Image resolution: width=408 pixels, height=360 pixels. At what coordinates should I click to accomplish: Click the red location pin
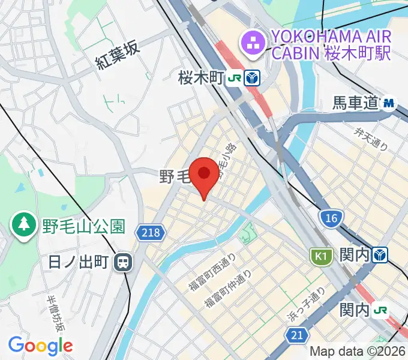pos(204,175)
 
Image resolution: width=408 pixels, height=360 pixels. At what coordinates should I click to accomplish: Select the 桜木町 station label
pos(200,77)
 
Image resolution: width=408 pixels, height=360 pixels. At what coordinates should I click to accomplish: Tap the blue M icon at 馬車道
pos(389,103)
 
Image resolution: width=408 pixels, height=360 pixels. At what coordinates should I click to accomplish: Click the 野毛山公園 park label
pos(83,226)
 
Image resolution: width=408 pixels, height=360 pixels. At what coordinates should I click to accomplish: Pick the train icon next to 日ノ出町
pos(124,262)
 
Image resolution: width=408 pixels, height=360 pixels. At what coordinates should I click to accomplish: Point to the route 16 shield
pos(329,218)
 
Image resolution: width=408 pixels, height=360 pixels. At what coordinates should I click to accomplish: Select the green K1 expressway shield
pos(321,257)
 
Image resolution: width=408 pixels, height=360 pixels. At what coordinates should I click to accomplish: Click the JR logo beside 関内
pos(380,310)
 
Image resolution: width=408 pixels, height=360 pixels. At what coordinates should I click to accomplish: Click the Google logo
pos(40,346)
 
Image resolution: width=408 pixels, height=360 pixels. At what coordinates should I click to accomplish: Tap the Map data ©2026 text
pos(357,352)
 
